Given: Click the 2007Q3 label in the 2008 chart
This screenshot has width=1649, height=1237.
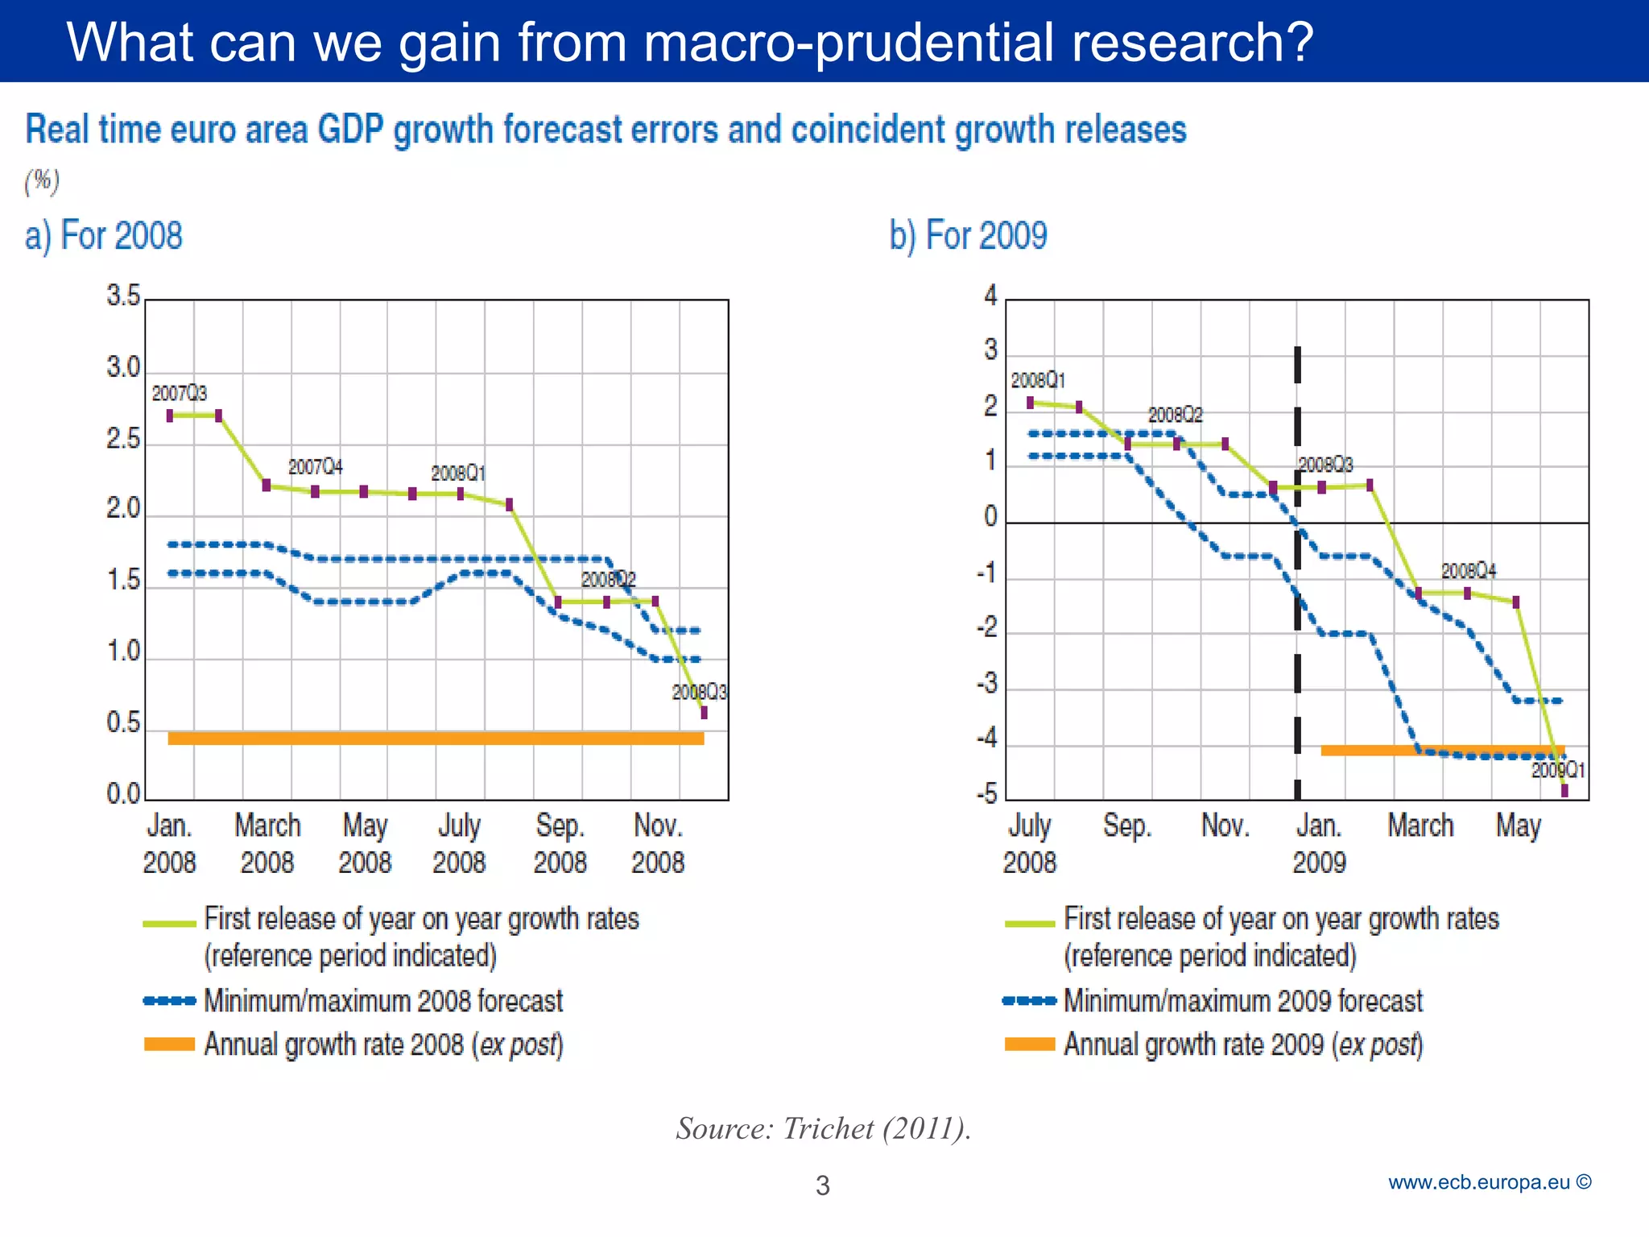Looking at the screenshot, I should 180,393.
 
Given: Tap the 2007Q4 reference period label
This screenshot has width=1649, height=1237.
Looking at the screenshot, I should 316,467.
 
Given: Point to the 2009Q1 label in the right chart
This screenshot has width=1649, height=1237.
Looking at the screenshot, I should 1557,771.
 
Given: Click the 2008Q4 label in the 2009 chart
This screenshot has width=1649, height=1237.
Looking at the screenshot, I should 1469,571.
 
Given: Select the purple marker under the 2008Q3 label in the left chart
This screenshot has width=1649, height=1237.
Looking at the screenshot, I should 704,713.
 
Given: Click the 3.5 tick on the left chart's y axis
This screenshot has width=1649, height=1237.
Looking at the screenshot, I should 123,296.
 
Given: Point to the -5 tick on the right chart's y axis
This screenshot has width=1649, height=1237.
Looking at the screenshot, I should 986,795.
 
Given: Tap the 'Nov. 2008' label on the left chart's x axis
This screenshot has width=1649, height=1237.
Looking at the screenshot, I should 658,844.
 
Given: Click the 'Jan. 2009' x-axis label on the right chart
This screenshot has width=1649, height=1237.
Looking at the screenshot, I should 1319,844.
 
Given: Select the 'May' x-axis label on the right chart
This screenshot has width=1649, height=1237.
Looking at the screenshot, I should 1518,826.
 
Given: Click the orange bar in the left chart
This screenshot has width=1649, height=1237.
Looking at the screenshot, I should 436,738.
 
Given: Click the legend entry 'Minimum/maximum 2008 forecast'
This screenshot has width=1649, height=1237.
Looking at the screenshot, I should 383,1001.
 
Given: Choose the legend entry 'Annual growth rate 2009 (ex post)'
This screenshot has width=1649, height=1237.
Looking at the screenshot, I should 1243,1045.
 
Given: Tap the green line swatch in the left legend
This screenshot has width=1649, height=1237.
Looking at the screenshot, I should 169,923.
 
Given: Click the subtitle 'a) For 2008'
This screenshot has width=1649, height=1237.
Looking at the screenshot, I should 104,236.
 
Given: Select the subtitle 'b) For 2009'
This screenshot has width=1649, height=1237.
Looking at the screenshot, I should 968,236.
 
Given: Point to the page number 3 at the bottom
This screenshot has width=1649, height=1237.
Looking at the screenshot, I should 822,1185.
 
